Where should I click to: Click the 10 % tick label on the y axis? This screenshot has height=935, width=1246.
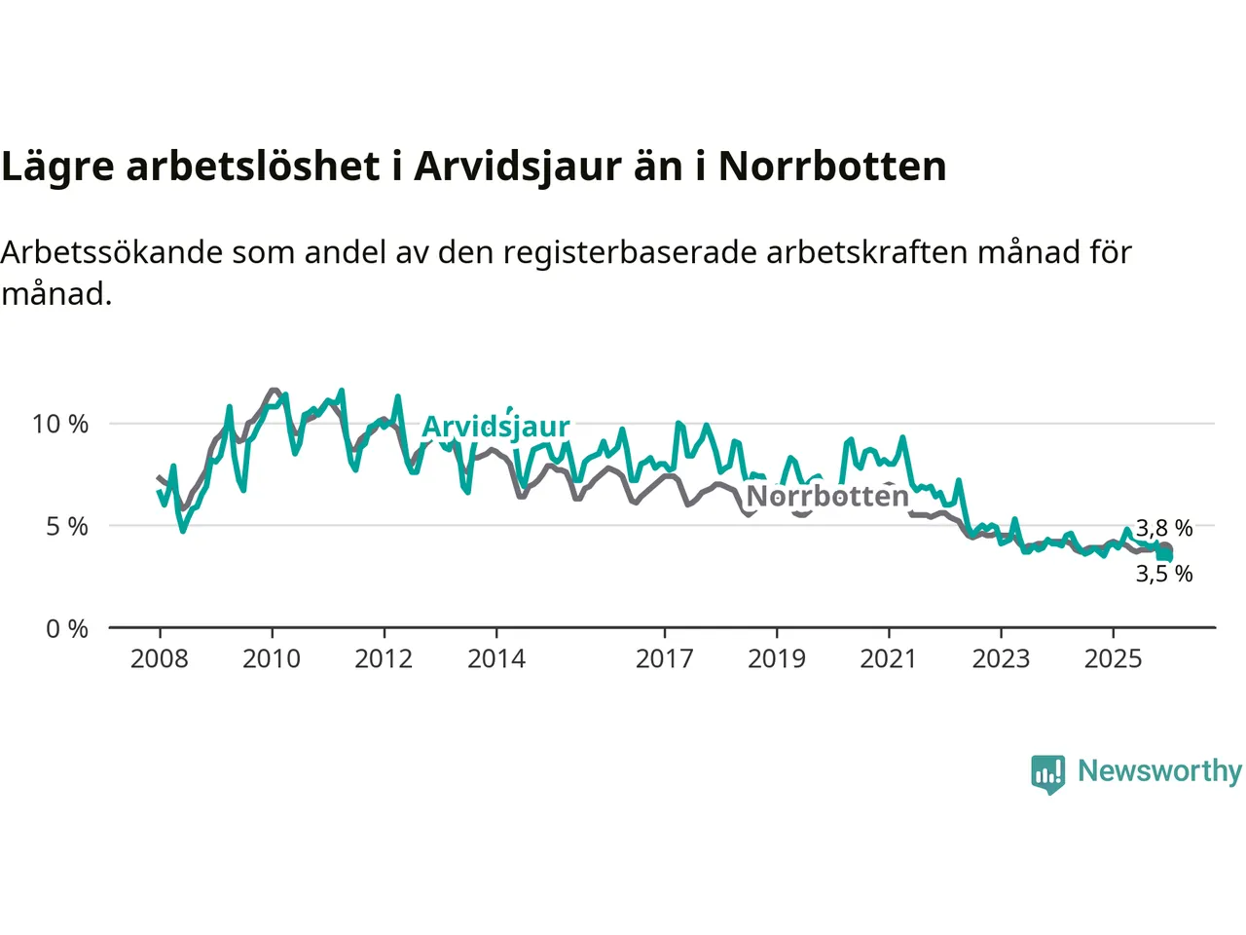click(60, 424)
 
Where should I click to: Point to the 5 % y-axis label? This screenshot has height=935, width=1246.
click(67, 527)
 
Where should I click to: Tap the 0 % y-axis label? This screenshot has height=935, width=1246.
click(67, 629)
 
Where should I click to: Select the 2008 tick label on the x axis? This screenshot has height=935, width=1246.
click(159, 659)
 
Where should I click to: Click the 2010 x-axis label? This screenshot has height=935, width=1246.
click(272, 659)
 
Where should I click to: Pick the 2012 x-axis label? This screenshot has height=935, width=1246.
click(384, 659)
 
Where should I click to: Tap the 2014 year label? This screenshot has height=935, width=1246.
click(496, 659)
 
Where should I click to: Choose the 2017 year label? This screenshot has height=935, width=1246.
click(665, 659)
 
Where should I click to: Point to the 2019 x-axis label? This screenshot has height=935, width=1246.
click(777, 659)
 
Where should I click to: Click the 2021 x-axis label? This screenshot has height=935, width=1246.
click(889, 659)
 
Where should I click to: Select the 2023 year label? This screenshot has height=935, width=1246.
click(1001, 659)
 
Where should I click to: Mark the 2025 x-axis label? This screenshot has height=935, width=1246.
click(1114, 659)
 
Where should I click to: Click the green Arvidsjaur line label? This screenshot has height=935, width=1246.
click(495, 427)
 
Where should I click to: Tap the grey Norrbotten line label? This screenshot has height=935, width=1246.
click(827, 497)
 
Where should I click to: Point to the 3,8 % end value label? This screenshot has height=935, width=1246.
click(1164, 528)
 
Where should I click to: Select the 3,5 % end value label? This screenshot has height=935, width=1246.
click(1164, 574)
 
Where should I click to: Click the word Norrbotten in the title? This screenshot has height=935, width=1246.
click(832, 167)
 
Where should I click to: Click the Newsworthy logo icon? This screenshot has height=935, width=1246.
click(1048, 773)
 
